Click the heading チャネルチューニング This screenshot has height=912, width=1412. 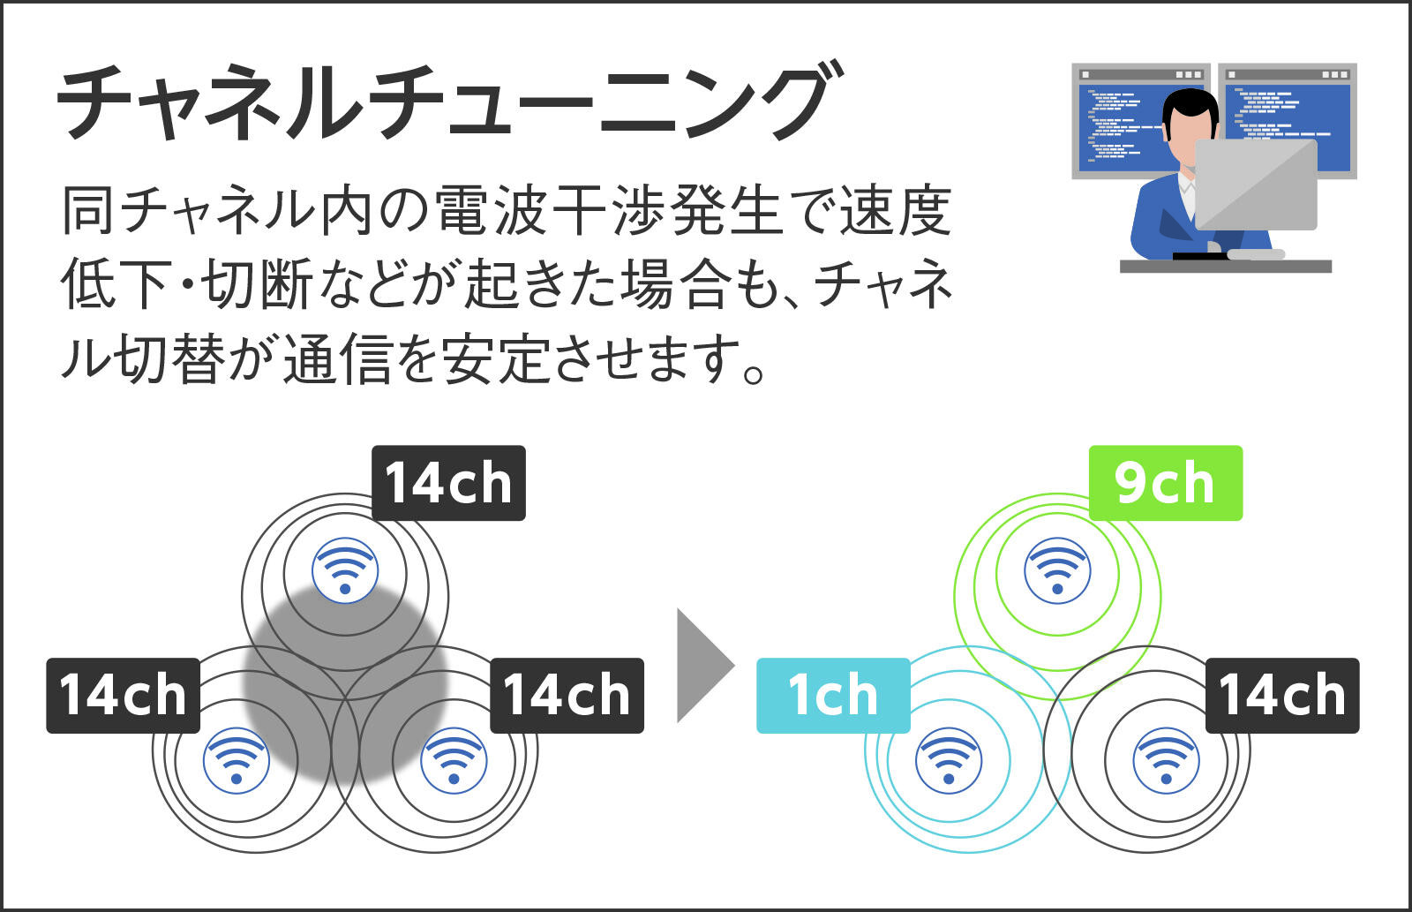tap(450, 101)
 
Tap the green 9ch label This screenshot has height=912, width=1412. tap(1166, 483)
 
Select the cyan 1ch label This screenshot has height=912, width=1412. tap(833, 695)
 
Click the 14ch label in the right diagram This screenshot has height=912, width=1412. tap(1283, 695)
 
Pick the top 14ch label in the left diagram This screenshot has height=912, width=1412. tap(448, 483)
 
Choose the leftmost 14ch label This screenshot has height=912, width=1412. tap(123, 695)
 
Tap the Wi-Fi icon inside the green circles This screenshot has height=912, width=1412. tap(1058, 571)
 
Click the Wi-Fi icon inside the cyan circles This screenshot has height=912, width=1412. tap(949, 761)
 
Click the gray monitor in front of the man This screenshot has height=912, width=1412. tap(1257, 185)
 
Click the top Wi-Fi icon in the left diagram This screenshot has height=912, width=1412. tap(345, 571)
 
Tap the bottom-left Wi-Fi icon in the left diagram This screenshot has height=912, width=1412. tap(237, 761)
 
